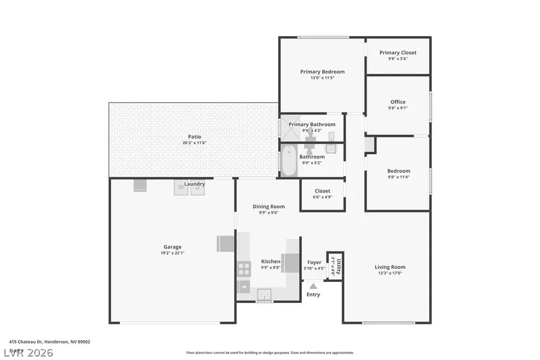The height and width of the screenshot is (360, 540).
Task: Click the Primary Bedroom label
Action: tap(322, 71)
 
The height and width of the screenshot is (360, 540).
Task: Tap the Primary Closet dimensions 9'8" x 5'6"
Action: tap(398, 59)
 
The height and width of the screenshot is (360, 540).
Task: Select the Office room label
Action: tap(398, 102)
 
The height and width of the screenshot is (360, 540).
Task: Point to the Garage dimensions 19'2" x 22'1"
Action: tap(172, 253)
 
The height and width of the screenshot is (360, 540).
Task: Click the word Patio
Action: tap(194, 137)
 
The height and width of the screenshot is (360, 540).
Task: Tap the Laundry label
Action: tap(194, 184)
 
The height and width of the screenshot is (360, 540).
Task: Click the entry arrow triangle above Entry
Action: tap(313, 286)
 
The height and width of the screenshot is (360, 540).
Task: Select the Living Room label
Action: tap(390, 267)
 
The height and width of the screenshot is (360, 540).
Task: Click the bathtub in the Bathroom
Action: tap(289, 161)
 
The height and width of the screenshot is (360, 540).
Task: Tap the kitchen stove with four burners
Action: tap(244, 269)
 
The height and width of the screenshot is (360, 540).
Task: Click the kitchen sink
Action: tap(264, 293)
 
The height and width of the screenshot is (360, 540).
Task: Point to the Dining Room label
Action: tap(268, 206)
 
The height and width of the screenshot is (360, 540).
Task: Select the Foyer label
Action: tap(314, 262)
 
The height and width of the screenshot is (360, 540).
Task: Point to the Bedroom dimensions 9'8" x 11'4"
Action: tap(398, 177)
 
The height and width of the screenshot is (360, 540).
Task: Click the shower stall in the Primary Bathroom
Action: tap(289, 128)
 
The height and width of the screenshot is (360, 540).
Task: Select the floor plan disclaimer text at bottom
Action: tap(270, 353)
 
